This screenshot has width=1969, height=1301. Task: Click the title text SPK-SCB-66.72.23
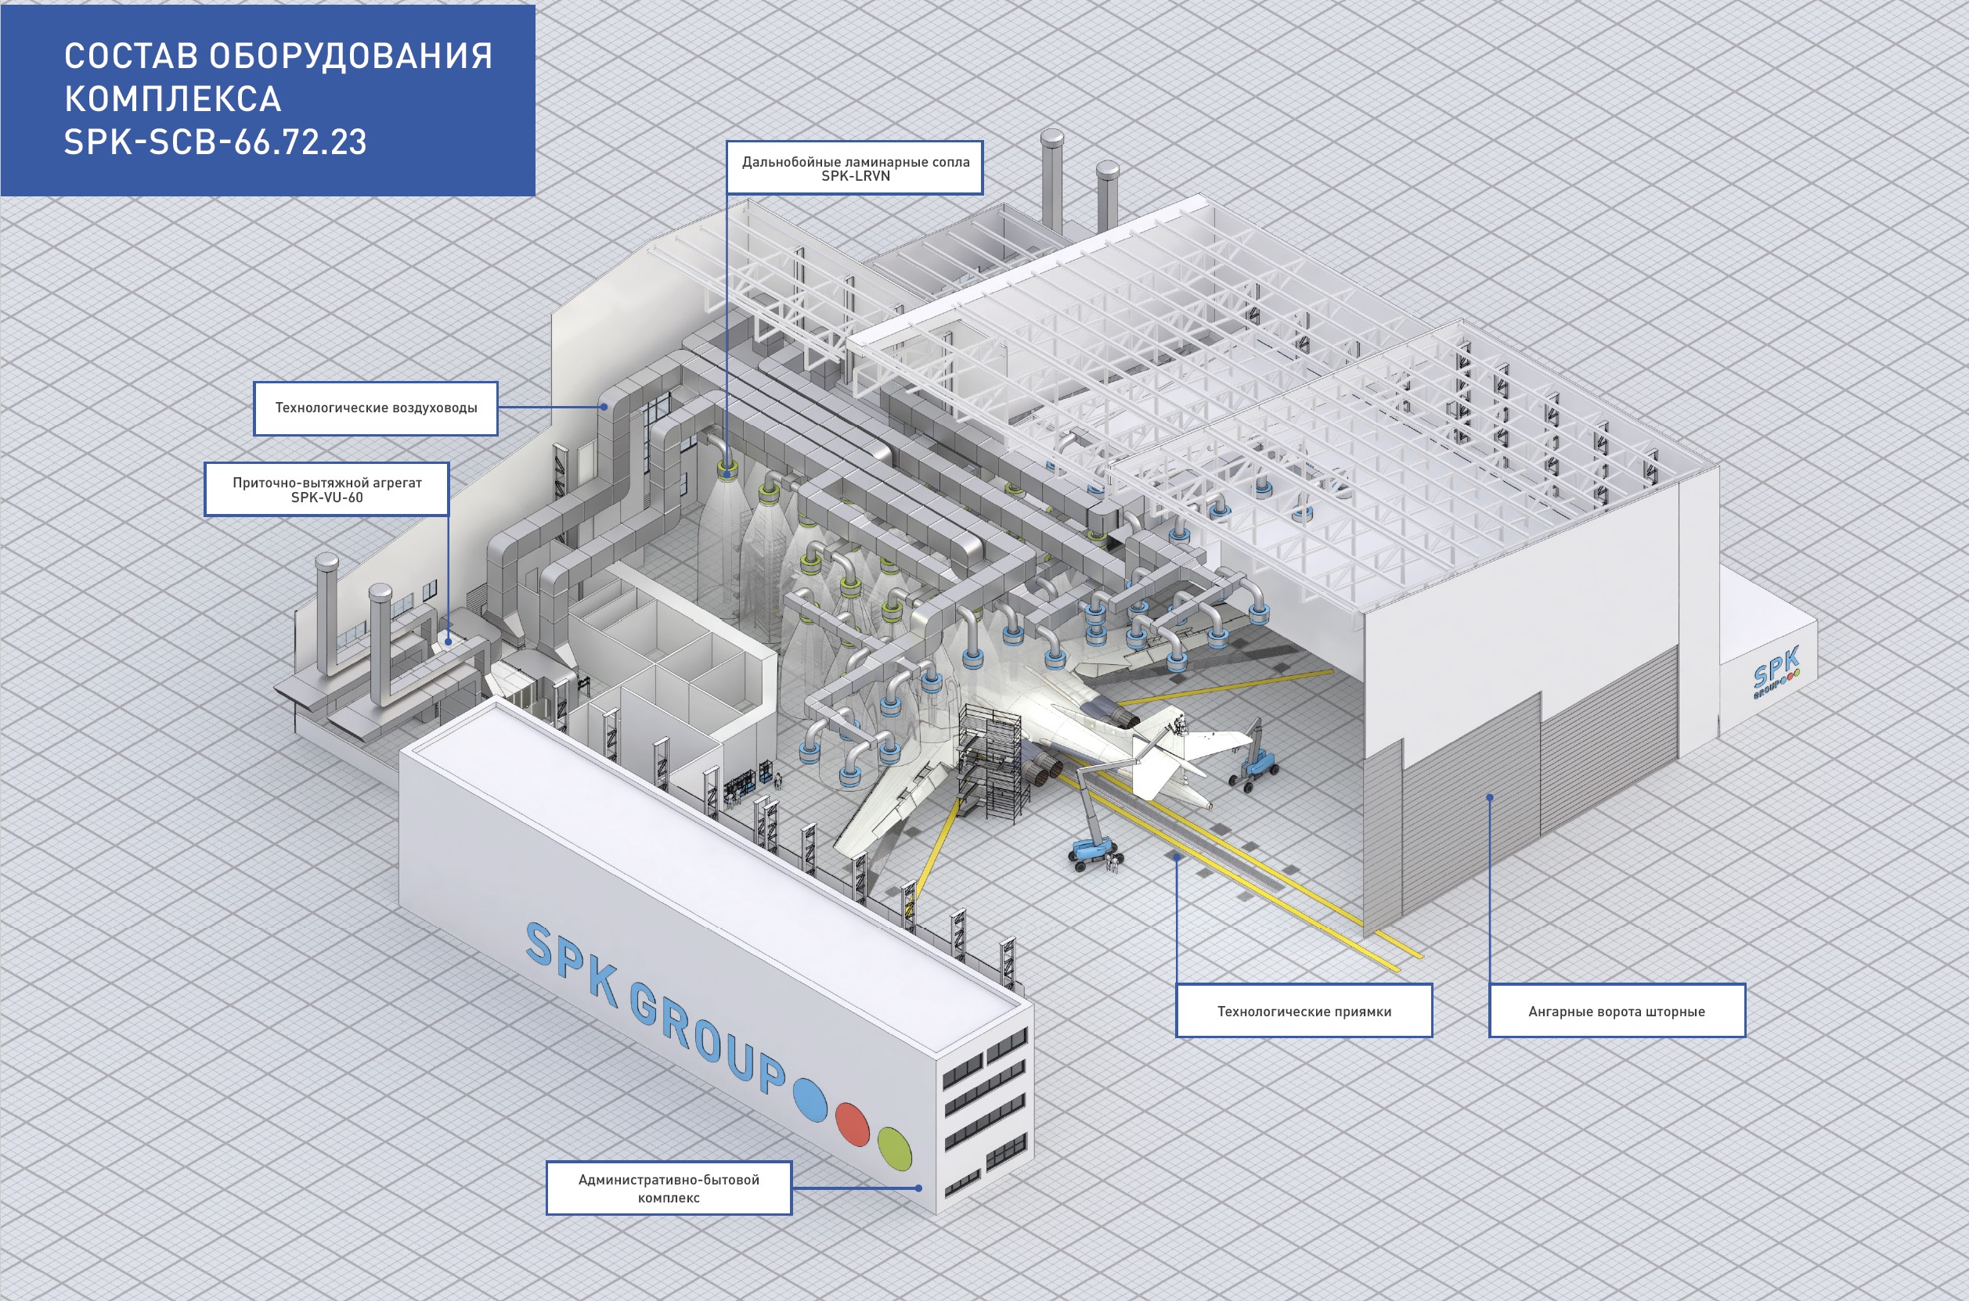coord(215,142)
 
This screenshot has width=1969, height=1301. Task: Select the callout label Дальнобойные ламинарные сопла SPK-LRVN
coord(854,168)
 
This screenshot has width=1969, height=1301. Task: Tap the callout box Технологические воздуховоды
coord(375,408)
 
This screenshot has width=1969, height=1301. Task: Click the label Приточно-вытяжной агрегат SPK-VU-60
coord(326,490)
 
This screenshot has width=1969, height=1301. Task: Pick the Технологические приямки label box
coord(1304,1011)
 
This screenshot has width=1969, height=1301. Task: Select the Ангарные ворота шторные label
coord(1616,1011)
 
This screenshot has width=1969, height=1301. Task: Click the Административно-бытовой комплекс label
coord(669,1188)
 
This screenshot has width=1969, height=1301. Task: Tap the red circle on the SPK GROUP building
coord(852,1123)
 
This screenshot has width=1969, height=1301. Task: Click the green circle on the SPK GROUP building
coord(894,1148)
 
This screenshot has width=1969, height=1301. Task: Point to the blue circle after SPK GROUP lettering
coord(810,1098)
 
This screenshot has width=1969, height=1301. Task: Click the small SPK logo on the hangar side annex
coord(1776,671)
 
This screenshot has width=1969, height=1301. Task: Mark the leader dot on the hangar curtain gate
coord(1490,797)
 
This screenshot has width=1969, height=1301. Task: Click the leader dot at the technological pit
coord(1177,858)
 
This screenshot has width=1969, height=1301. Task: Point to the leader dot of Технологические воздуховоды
coord(604,407)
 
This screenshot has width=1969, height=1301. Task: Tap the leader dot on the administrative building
coord(918,1188)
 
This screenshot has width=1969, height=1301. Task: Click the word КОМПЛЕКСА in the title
coord(173,99)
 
